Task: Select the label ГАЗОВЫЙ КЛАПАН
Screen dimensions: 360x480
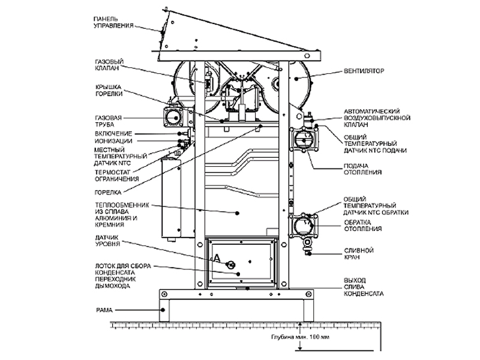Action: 109,65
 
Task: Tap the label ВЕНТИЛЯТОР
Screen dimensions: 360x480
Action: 364,71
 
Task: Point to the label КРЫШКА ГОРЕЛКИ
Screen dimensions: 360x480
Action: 109,91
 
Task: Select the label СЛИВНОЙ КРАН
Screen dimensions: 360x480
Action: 359,253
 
